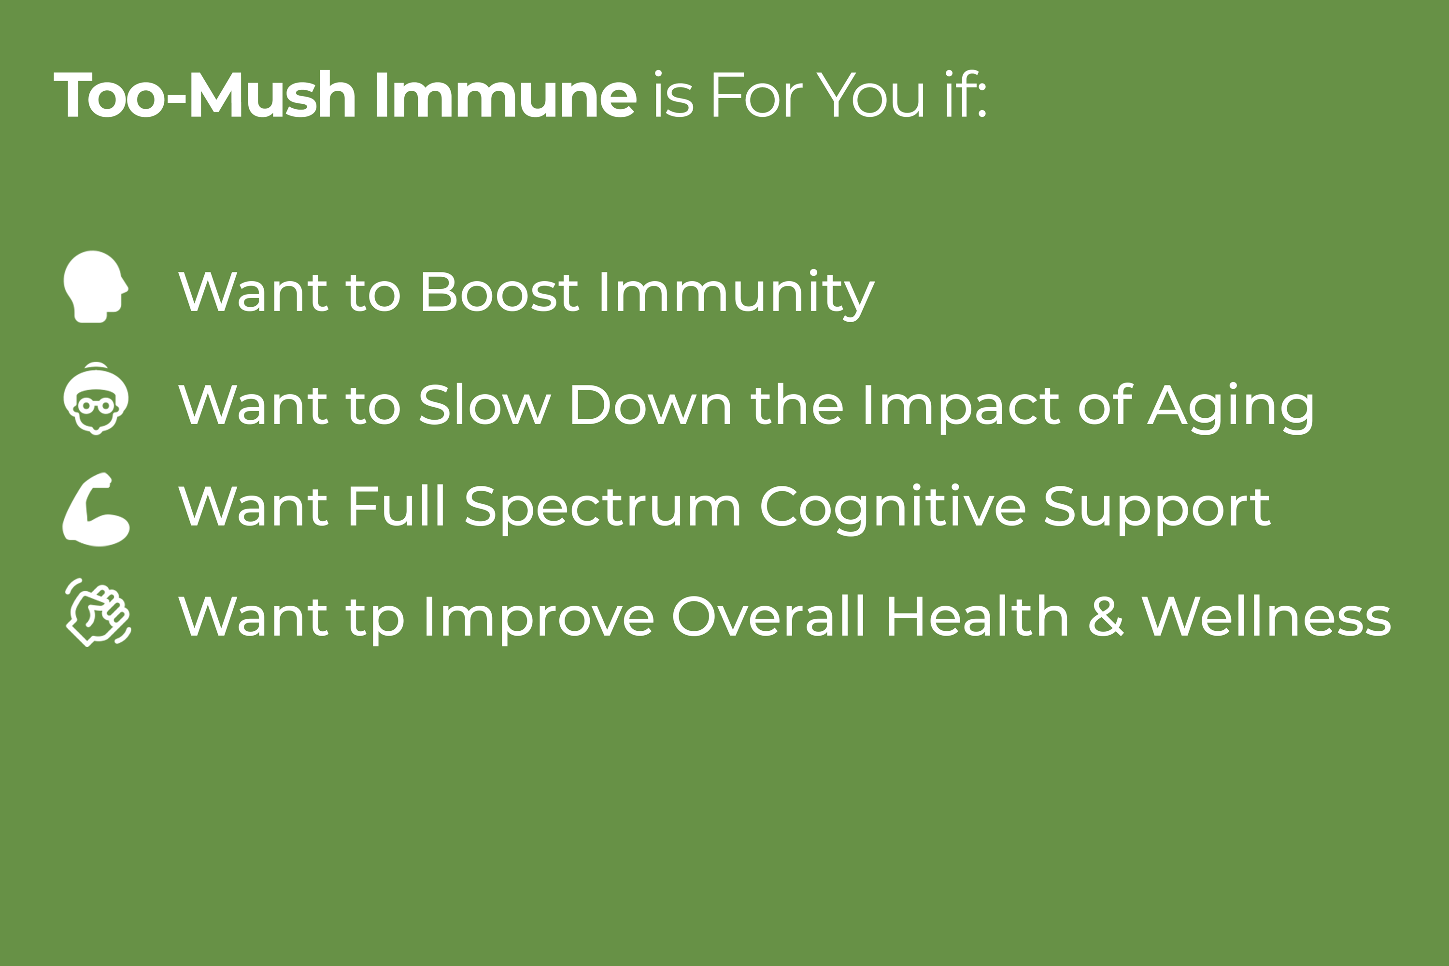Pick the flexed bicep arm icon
[x=96, y=509]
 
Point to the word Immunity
[x=736, y=295]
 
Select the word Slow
[x=484, y=404]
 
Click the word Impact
[x=962, y=408]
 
